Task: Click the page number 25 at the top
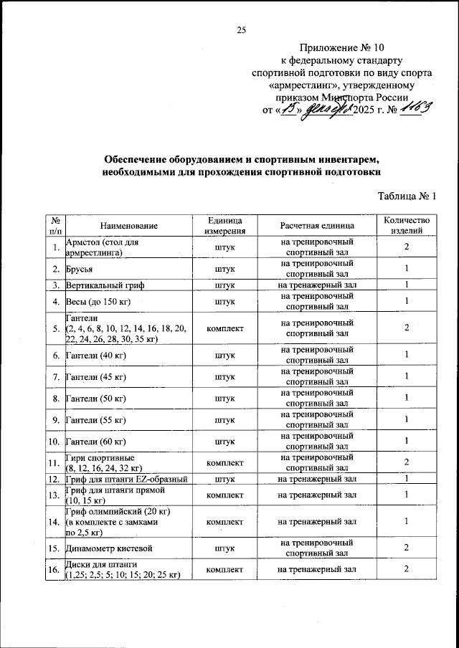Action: pos(242,29)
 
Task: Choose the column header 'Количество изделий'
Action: pos(406,226)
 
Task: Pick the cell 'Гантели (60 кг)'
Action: pos(95,441)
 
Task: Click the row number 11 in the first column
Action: pos(54,462)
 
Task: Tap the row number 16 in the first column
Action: pos(54,569)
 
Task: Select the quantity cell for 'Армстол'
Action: pos(406,247)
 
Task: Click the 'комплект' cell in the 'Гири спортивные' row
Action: pos(225,462)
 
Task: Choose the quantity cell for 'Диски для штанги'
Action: pos(406,569)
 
